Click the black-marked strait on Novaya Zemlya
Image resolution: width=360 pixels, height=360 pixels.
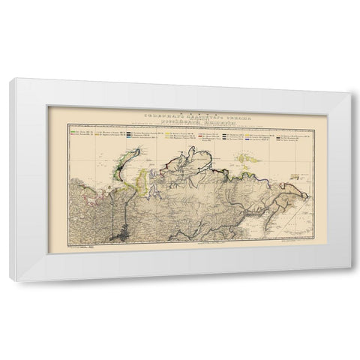point(125,161)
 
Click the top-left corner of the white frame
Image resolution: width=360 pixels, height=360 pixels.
point(10,80)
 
